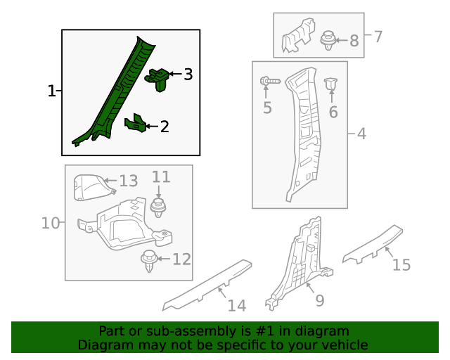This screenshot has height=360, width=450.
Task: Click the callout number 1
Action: [x=51, y=91]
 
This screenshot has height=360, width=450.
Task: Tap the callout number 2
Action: [x=165, y=127]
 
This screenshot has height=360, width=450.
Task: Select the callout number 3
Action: [x=187, y=74]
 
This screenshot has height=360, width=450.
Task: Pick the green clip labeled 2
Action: [x=135, y=124]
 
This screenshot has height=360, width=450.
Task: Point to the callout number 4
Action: [x=361, y=134]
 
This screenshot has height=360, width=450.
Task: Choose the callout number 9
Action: [x=319, y=301]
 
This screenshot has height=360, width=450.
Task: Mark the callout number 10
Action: [x=50, y=224]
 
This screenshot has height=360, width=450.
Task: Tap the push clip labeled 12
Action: [x=148, y=259]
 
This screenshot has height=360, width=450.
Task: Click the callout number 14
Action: [x=237, y=306]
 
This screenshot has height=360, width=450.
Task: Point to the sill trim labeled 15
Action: [x=373, y=243]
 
